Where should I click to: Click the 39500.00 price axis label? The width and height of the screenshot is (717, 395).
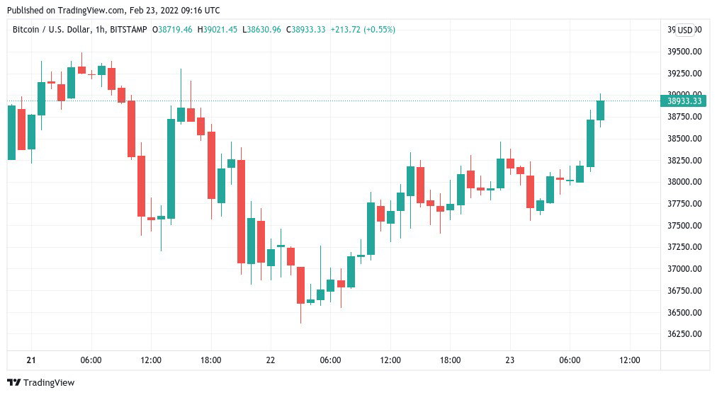[x=684, y=52]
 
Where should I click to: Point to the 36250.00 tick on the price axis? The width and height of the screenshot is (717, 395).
[x=684, y=334]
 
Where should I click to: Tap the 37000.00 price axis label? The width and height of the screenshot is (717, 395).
[x=684, y=269]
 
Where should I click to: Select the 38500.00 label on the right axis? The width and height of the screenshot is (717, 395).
[x=684, y=139]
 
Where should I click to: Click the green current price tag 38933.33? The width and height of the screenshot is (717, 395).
[x=684, y=101]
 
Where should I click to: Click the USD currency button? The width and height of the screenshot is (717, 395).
[x=684, y=30]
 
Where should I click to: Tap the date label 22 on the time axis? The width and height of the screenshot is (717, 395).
[x=271, y=360]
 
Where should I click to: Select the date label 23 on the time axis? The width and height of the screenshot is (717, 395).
[x=510, y=360]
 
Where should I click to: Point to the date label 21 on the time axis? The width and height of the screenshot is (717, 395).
[x=31, y=360]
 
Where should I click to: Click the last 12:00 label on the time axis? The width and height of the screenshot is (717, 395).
[x=630, y=360]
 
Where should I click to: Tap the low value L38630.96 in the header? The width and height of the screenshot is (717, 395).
[x=262, y=30]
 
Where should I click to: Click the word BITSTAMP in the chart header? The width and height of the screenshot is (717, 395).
[x=129, y=30]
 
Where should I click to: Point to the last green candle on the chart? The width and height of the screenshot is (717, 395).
[x=600, y=110]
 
